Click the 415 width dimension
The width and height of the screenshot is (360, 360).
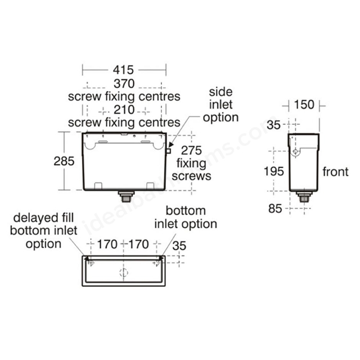(123, 70)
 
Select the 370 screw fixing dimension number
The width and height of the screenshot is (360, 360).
(124, 84)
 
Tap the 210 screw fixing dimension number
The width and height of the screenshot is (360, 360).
(124, 110)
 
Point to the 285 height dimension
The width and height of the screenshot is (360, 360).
(64, 161)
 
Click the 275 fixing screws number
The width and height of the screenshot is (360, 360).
(191, 150)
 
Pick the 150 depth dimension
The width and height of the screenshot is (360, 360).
(304, 105)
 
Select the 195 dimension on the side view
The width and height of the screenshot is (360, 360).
(274, 171)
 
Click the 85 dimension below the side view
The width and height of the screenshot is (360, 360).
(275, 209)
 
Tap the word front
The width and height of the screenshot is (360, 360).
(335, 172)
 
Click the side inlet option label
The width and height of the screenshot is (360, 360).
(220, 105)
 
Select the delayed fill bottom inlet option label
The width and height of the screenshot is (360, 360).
(44, 231)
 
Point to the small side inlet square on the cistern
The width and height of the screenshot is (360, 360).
(168, 151)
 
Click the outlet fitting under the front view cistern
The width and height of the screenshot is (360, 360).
(125, 196)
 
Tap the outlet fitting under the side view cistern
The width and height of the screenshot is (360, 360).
(304, 197)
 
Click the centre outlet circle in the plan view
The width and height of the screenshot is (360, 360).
(124, 272)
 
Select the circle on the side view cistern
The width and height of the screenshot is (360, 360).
(295, 151)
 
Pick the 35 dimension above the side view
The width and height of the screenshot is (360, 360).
(274, 125)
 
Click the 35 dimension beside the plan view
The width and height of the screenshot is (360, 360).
(179, 246)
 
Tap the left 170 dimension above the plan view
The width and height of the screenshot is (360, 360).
(107, 244)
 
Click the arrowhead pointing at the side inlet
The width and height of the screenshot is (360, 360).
(170, 145)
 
